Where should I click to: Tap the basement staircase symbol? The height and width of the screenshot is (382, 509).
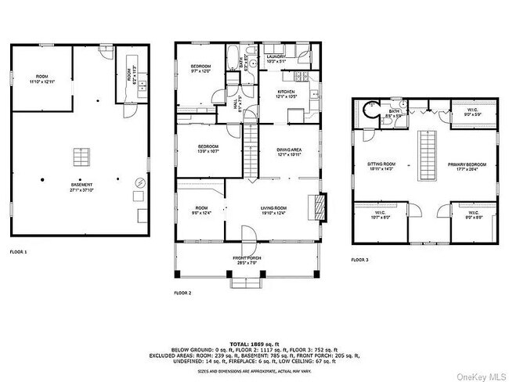81,157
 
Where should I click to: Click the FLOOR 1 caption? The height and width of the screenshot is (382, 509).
18,252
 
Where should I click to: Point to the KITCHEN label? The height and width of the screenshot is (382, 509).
286,94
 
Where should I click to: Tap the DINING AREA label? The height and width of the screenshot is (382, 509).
290,153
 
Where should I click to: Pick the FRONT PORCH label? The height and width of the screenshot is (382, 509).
248,260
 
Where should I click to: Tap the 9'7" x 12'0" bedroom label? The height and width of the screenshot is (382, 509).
201,68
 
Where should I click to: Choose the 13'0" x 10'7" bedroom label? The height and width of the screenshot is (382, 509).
208,149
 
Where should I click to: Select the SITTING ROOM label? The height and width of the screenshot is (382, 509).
382,166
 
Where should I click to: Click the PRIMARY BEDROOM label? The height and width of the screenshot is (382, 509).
467,166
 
